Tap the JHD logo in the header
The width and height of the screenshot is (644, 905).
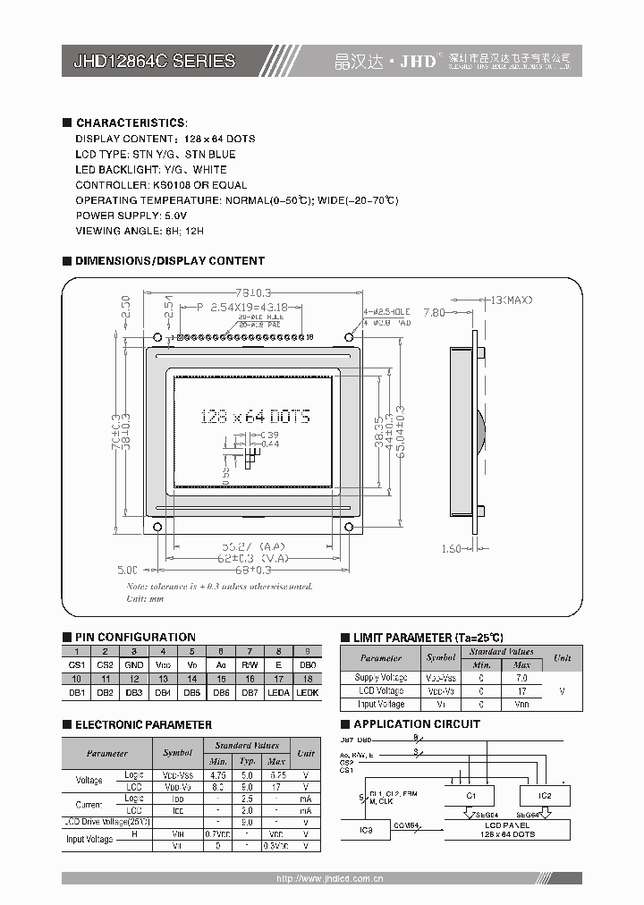[x=419, y=61]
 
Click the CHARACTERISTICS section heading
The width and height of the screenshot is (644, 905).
[x=131, y=123]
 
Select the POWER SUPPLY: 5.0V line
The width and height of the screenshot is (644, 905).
[x=131, y=216]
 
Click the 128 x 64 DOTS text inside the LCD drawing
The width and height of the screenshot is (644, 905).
[x=255, y=417]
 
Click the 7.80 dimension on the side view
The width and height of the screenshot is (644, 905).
[x=433, y=312]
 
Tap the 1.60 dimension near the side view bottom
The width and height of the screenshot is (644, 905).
[x=453, y=549]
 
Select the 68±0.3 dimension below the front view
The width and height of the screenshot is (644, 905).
[x=253, y=569]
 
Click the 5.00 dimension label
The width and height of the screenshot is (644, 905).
[x=127, y=569]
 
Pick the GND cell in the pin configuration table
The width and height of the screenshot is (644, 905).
[x=134, y=665]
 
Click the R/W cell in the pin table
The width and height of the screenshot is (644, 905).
[x=250, y=665]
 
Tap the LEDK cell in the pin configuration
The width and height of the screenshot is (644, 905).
[x=307, y=692]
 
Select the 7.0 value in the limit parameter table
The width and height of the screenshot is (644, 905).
[x=522, y=678]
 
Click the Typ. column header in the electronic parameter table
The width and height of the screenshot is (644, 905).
[x=248, y=760]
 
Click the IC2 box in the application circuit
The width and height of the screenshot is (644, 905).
[x=545, y=796]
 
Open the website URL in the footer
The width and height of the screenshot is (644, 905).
[x=330, y=879]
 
